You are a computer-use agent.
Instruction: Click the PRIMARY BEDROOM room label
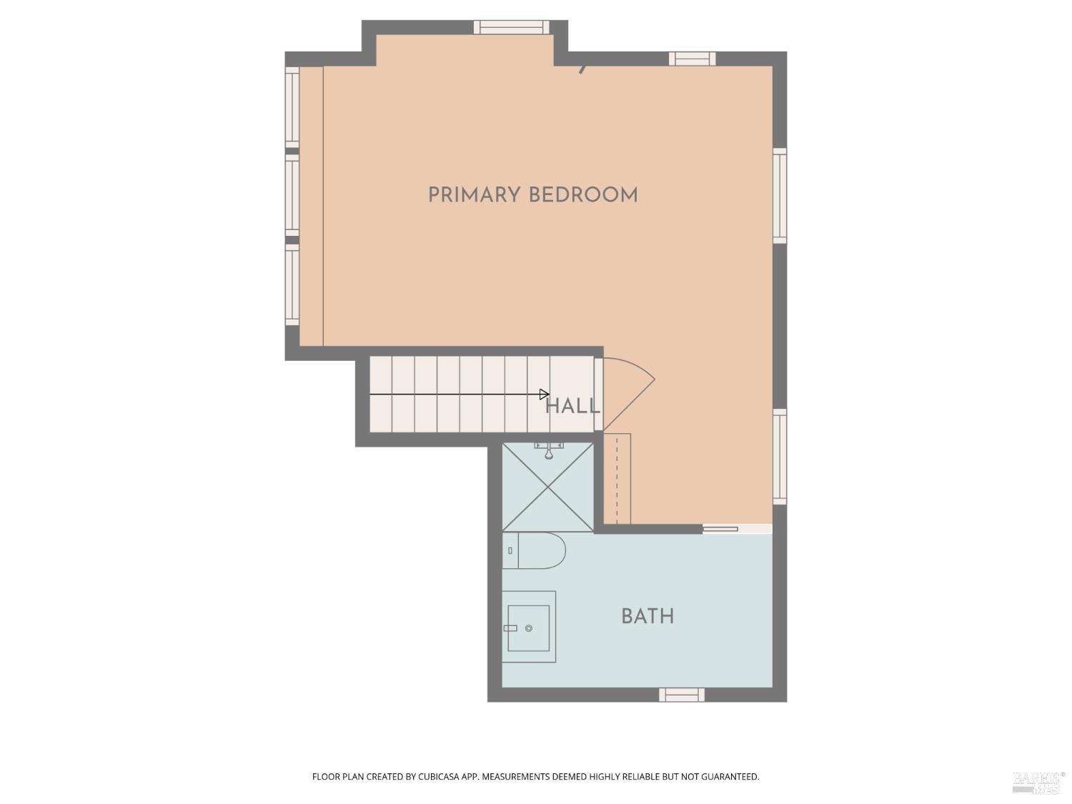[532, 195]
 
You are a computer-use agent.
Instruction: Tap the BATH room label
[647, 617]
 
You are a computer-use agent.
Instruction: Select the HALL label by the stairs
[572, 407]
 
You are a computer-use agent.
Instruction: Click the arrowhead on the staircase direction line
[545, 394]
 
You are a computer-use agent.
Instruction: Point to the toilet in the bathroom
[536, 550]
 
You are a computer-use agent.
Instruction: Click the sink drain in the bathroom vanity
[529, 628]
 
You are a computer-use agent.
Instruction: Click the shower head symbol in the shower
[549, 451]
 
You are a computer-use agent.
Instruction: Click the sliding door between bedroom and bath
[720, 529]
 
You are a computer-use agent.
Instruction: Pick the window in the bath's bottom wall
[681, 695]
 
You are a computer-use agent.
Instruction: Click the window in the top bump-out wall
[511, 27]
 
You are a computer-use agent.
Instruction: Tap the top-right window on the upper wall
[692, 59]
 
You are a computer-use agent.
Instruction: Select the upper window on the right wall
[780, 196]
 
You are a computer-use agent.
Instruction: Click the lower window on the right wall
[780, 456]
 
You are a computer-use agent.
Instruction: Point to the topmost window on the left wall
[292, 107]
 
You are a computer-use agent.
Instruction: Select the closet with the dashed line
[617, 477]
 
